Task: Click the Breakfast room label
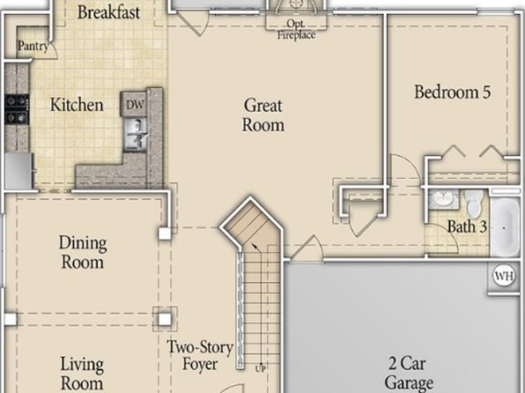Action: click(x=108, y=12)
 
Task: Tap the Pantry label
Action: click(x=33, y=46)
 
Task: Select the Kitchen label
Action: click(x=77, y=105)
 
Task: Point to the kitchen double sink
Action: click(x=136, y=134)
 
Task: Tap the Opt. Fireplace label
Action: click(x=296, y=29)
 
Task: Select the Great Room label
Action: click(x=263, y=115)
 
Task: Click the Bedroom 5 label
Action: click(x=453, y=92)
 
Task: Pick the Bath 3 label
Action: click(x=467, y=226)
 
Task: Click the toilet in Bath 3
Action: click(x=474, y=203)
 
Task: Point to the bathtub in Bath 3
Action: click(x=506, y=227)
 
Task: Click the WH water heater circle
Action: click(x=504, y=276)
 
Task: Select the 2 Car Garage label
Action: click(x=409, y=373)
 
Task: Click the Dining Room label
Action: click(x=83, y=252)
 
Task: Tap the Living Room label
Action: click(x=82, y=374)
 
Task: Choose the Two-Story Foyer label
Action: click(x=200, y=355)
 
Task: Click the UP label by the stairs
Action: click(x=261, y=369)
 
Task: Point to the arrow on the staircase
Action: click(x=256, y=248)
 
